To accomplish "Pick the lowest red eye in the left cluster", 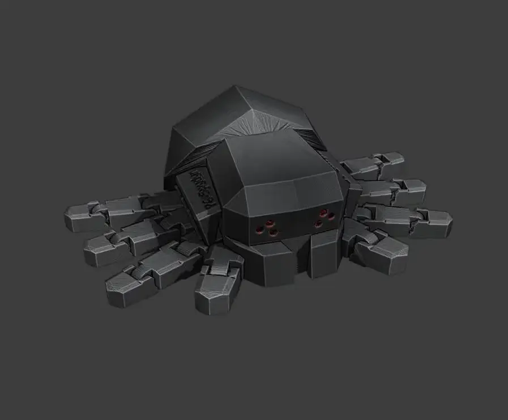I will pyautogui.click(x=274, y=232).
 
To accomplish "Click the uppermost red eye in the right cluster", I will pyautogui.click(x=323, y=213).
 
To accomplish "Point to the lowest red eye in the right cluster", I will pyautogui.click(x=318, y=224).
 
